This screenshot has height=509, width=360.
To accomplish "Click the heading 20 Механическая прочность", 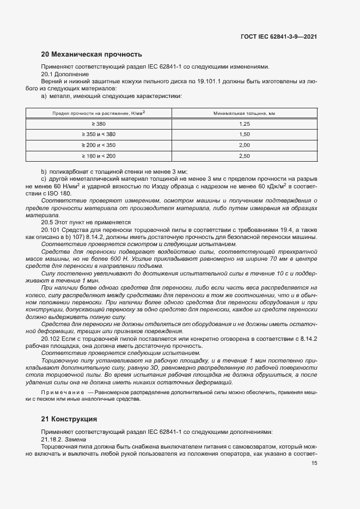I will (91, 54).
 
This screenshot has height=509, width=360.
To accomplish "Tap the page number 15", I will (314, 463).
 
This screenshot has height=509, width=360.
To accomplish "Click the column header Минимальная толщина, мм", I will (243, 114).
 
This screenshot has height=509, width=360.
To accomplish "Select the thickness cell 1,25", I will (243, 124).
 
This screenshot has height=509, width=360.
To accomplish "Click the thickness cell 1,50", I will (243, 134).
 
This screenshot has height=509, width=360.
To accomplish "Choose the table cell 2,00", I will (243, 145).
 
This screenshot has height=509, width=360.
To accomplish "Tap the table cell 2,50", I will (243, 156).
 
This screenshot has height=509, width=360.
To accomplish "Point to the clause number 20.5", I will (49, 222).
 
